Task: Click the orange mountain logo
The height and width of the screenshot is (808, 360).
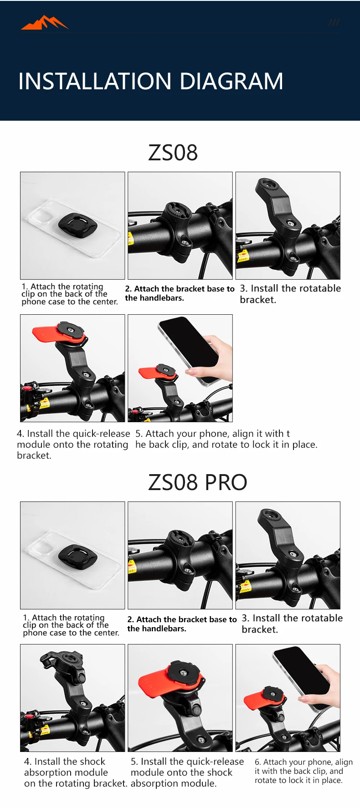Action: (45, 23)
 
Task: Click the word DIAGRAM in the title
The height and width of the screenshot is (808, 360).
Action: (231, 82)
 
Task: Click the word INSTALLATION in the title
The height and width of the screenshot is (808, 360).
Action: (95, 82)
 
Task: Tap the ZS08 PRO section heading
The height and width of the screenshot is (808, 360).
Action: (197, 482)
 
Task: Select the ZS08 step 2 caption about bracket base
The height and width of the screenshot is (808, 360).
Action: (180, 293)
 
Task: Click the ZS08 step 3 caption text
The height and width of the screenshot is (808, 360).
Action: (290, 294)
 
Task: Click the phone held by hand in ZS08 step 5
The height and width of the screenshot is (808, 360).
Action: (189, 348)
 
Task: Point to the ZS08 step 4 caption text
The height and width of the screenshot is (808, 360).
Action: (73, 444)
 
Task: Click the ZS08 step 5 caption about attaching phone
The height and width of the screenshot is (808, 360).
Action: (226, 439)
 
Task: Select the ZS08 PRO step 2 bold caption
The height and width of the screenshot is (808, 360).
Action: (182, 624)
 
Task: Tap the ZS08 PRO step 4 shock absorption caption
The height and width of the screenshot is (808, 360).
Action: (76, 772)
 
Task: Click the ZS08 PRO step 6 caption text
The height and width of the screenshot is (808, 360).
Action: (303, 771)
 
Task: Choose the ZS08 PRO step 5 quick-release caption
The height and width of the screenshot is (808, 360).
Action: (187, 772)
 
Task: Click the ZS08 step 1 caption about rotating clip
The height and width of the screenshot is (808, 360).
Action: (70, 294)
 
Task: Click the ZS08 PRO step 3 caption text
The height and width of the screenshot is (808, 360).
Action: (292, 624)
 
